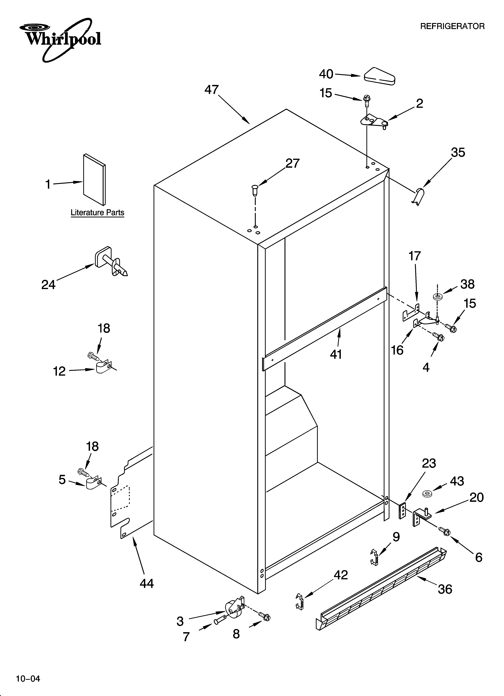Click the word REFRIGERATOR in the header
tap(452, 26)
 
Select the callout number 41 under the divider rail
tap(336, 354)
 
